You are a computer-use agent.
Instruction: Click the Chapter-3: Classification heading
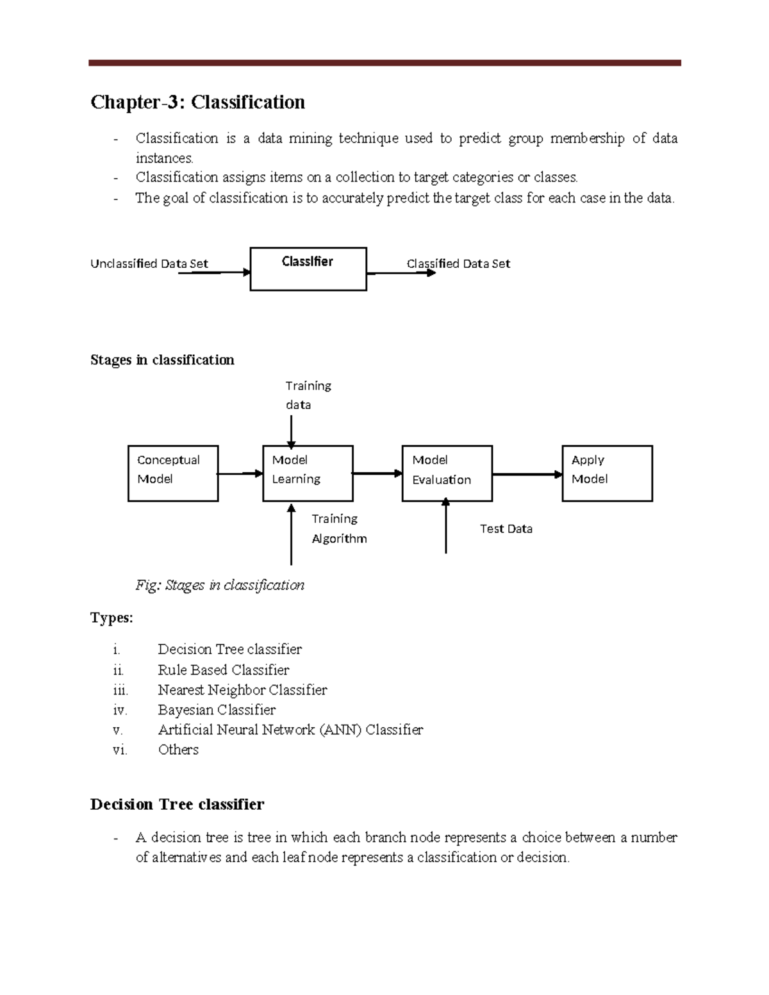click(197, 103)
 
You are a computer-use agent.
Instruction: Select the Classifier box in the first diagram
click(308, 269)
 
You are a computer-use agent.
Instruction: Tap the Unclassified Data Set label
click(149, 263)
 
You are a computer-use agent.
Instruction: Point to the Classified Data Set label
click(458, 263)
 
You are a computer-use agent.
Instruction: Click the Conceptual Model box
click(173, 473)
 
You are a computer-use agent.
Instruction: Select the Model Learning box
click(308, 473)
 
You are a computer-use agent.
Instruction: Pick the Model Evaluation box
click(447, 473)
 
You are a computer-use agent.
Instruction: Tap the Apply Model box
click(607, 473)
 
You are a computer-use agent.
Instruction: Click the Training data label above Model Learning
click(308, 395)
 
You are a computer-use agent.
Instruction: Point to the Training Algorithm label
click(339, 529)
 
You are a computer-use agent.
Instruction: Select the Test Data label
click(506, 529)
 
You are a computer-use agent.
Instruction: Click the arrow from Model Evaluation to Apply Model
click(527, 475)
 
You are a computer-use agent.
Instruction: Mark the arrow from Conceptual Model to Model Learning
click(240, 473)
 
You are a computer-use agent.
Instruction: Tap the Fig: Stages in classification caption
click(220, 585)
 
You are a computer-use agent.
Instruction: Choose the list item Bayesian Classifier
click(217, 710)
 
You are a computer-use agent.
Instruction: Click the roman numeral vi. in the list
click(120, 750)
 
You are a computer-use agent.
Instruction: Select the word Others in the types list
click(178, 750)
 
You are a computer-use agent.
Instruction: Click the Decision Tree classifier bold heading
click(177, 805)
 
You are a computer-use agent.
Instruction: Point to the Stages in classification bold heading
click(162, 360)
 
